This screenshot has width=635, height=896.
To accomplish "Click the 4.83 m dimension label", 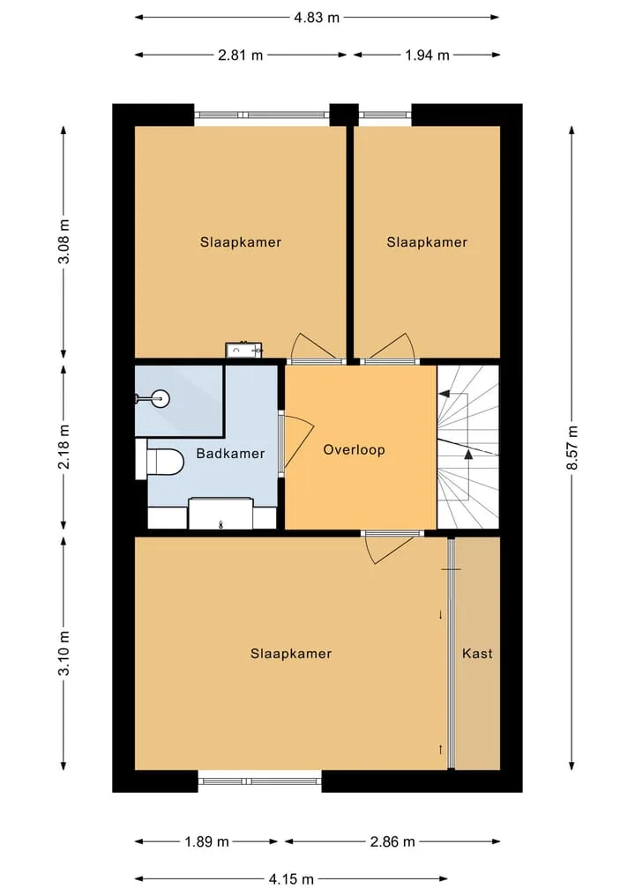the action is tap(317, 18).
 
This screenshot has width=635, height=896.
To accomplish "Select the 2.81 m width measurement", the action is tap(240, 56).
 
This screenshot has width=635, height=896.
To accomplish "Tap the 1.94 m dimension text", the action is tap(427, 56).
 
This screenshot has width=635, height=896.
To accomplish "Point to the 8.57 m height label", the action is tap(572, 448).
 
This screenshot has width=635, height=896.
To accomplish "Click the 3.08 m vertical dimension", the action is tap(64, 241).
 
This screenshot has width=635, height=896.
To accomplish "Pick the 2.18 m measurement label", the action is tap(64, 447).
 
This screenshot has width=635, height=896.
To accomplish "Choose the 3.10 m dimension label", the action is tap(64, 653).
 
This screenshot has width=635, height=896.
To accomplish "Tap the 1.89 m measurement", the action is tap(206, 841).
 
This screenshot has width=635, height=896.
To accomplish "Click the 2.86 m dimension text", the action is tap(392, 841).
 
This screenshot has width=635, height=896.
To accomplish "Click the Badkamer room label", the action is tap(230, 454).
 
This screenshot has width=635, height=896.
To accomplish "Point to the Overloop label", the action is tap(355, 449).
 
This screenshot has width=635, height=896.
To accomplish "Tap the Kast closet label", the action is tap(477, 653).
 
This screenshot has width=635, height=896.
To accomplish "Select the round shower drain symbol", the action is tap(162, 398).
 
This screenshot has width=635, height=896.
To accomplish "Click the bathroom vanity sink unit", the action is tap(220, 514).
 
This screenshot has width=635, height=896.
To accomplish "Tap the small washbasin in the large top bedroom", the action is tap(243, 350).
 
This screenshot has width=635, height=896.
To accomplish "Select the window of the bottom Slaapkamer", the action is tap(259, 781).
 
